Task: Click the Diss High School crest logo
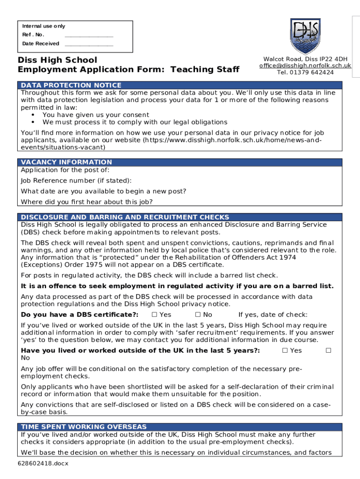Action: (x=305, y=36)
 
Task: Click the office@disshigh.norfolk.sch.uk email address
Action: (x=305, y=66)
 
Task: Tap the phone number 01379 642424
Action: (x=305, y=73)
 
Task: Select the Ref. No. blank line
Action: (x=89, y=35)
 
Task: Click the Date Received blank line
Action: (x=89, y=44)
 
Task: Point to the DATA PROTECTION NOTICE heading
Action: (x=71, y=85)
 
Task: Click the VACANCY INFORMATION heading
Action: (x=67, y=162)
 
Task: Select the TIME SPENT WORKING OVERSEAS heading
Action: (x=84, y=427)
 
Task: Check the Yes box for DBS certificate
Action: (x=155, y=315)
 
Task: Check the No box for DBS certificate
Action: (x=198, y=315)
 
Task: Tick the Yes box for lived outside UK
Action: (x=285, y=350)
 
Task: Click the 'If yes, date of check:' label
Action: (x=273, y=315)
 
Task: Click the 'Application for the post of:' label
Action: (x=65, y=170)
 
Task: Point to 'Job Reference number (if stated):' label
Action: (x=76, y=181)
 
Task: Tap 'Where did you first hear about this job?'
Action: (x=87, y=202)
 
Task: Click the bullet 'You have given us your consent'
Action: (x=96, y=115)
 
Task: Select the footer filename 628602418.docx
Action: (x=41, y=464)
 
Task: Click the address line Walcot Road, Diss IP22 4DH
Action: (x=305, y=59)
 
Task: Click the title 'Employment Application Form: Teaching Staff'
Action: (x=129, y=70)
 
